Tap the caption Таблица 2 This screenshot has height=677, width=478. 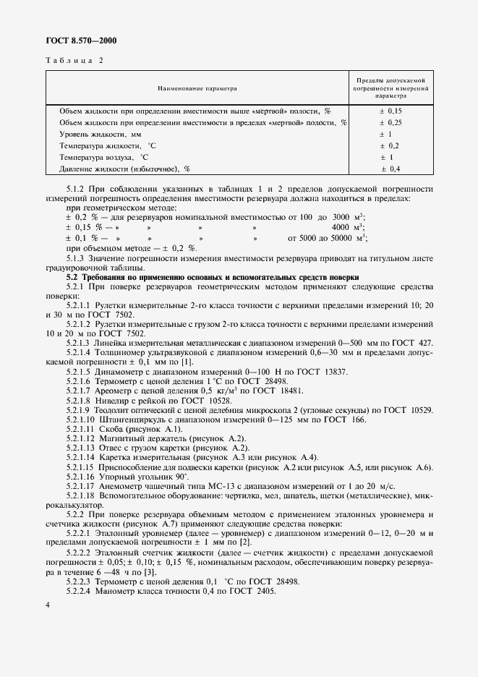coord(74,61)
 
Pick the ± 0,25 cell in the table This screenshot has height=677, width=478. coord(390,123)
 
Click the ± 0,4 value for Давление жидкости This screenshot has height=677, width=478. coord(390,169)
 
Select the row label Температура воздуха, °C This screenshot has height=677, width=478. coord(104,157)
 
